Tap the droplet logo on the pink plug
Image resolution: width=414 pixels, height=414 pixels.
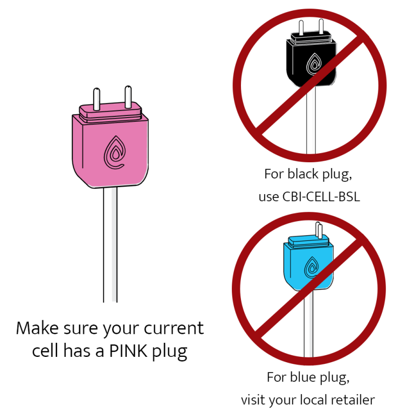(113, 153)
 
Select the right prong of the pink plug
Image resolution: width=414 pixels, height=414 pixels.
(128, 96)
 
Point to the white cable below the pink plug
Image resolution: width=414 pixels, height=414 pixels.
(110, 243)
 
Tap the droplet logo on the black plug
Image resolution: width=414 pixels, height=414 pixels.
(313, 64)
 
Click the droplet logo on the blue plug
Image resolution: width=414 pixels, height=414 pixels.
(311, 266)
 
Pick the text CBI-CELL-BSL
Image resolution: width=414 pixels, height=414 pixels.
(321, 197)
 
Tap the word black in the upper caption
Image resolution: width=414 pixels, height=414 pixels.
(303, 174)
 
